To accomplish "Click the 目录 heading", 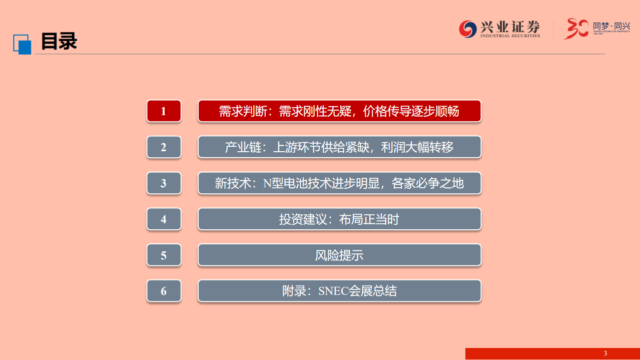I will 59,41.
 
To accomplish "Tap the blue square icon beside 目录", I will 22,44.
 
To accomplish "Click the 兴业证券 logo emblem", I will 468,29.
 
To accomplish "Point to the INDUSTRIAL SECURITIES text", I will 510,36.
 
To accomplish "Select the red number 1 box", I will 164,111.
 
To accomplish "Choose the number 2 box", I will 164,147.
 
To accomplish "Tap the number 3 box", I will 164,183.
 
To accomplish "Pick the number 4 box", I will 164,219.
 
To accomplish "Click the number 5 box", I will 164,255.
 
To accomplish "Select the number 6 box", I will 164,291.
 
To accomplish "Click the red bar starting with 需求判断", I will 339,111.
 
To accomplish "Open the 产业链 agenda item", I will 339,147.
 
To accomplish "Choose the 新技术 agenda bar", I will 339,183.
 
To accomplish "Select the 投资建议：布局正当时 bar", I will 339,219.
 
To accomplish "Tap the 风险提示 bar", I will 339,255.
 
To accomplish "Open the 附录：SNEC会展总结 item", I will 339,291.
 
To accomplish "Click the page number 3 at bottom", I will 605,353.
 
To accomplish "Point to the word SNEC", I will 333,291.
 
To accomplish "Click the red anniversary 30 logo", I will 576,29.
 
